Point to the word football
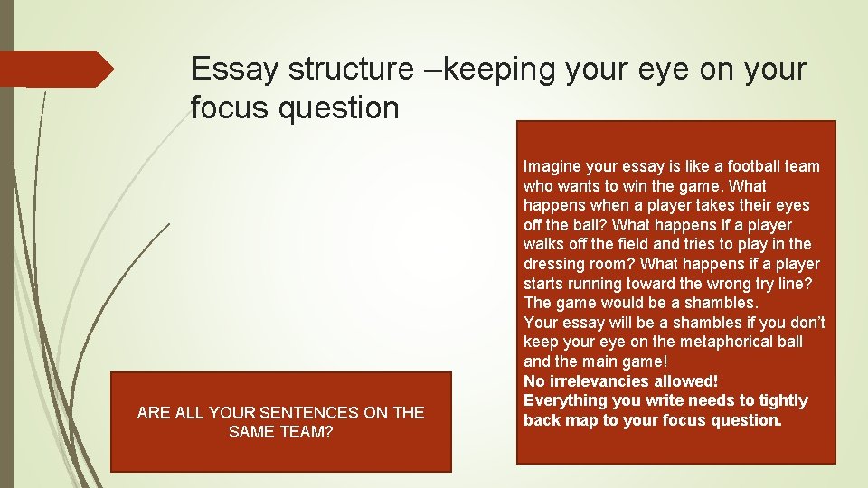[x=724, y=166]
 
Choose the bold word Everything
[x=567, y=400]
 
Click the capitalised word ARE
[x=153, y=413]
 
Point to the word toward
[x=663, y=284]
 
